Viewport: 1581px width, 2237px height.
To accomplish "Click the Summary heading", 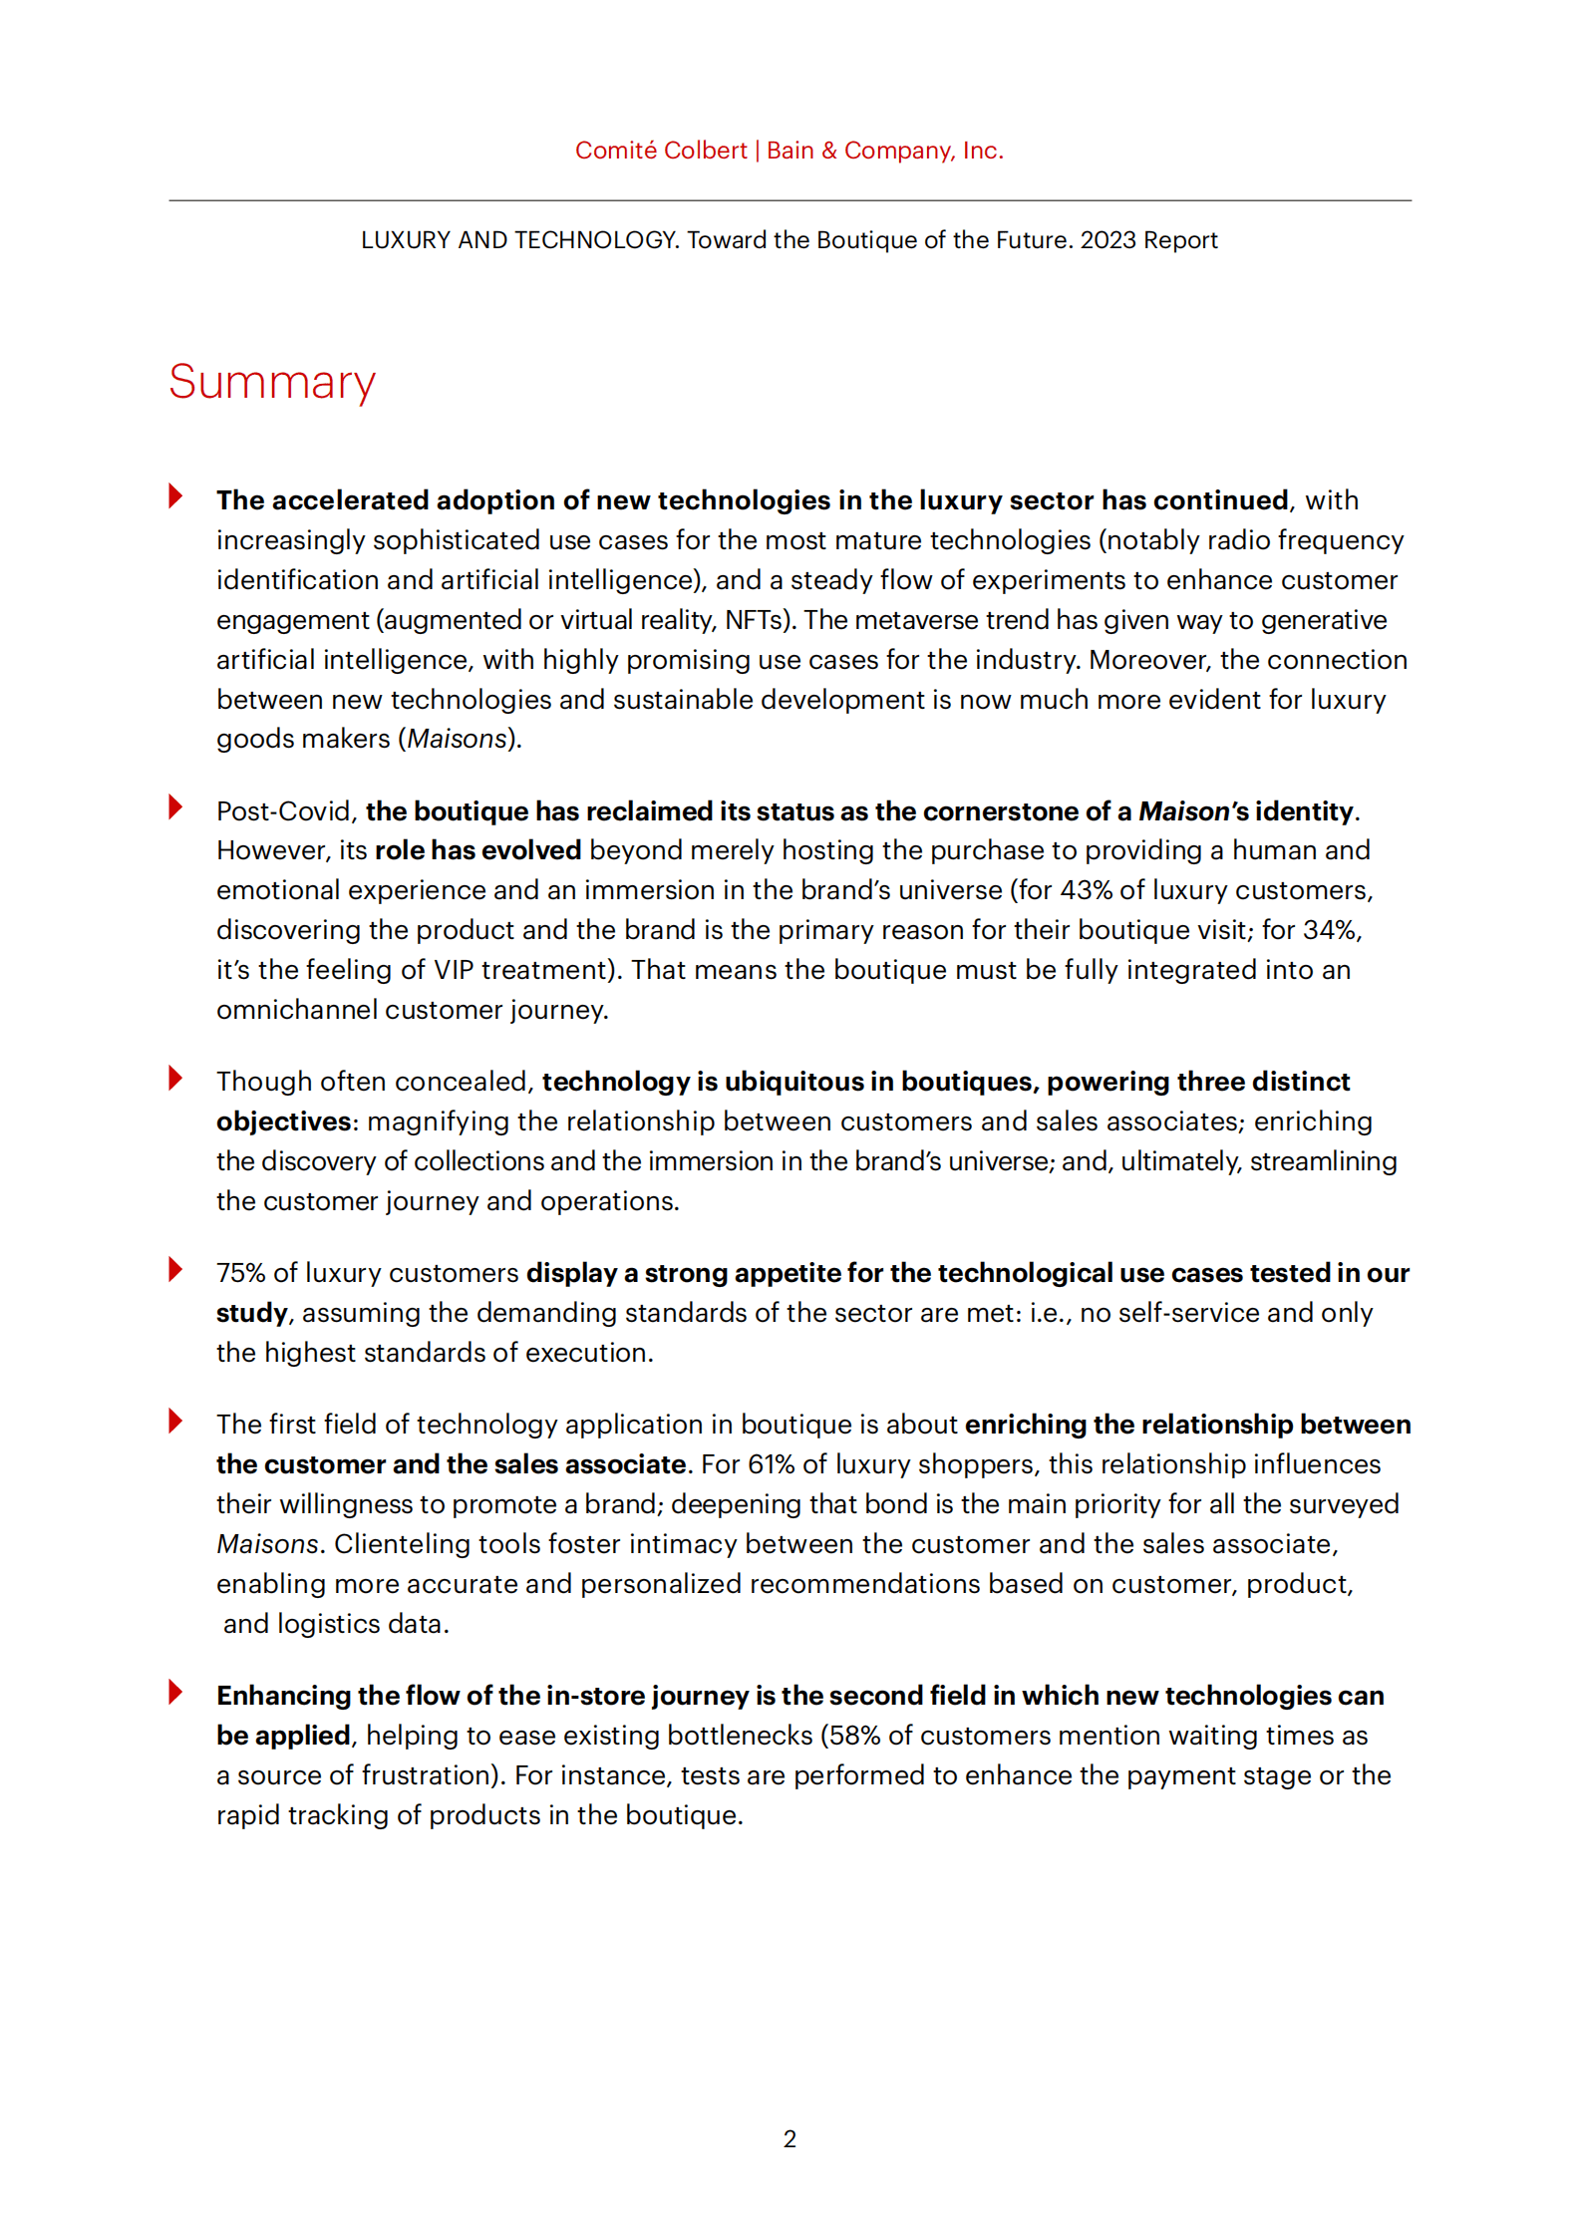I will click(x=271, y=383).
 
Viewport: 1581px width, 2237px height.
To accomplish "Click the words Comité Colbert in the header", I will click(x=660, y=151).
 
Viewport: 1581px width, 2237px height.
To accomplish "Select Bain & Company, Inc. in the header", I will click(x=884, y=151).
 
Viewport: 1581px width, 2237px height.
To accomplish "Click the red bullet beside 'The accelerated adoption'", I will click(x=175, y=495).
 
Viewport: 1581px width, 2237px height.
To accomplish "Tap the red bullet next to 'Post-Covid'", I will click(x=175, y=806).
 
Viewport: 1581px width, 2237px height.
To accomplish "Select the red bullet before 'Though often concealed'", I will click(x=175, y=1078).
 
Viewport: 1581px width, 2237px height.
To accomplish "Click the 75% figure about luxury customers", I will click(x=240, y=1273).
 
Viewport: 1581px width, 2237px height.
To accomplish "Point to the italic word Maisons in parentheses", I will click(x=458, y=739).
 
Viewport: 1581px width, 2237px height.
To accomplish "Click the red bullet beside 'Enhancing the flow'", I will click(x=175, y=1692).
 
